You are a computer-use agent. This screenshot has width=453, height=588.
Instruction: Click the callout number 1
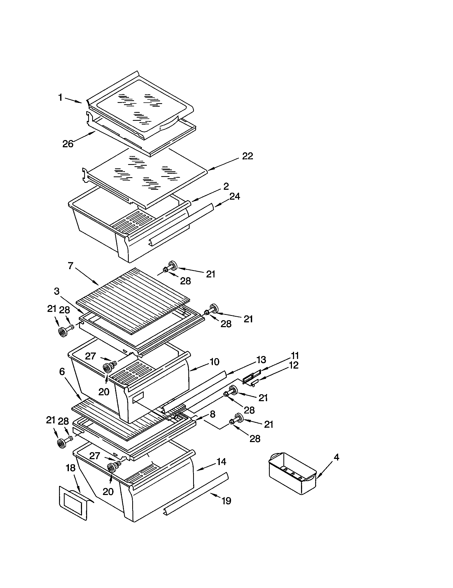(x=61, y=98)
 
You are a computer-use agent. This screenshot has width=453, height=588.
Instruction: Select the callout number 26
(x=68, y=144)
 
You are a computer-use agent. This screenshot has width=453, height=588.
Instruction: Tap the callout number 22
(x=248, y=156)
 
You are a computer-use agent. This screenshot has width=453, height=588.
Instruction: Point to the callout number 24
(x=235, y=196)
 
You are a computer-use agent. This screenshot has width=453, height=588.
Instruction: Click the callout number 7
(x=71, y=266)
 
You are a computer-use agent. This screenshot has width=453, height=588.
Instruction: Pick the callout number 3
(x=57, y=291)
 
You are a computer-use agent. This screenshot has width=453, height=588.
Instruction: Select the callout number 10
(x=214, y=362)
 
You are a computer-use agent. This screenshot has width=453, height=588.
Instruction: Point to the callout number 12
(x=294, y=365)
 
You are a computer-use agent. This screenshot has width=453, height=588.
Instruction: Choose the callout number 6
(x=62, y=372)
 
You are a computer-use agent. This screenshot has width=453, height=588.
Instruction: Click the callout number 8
(x=213, y=414)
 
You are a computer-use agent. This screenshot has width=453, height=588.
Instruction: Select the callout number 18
(x=71, y=468)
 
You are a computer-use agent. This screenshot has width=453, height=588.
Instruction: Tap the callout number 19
(x=226, y=501)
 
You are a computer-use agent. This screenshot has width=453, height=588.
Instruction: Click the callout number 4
(x=336, y=457)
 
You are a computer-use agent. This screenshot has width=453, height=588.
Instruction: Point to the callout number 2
(x=226, y=186)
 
